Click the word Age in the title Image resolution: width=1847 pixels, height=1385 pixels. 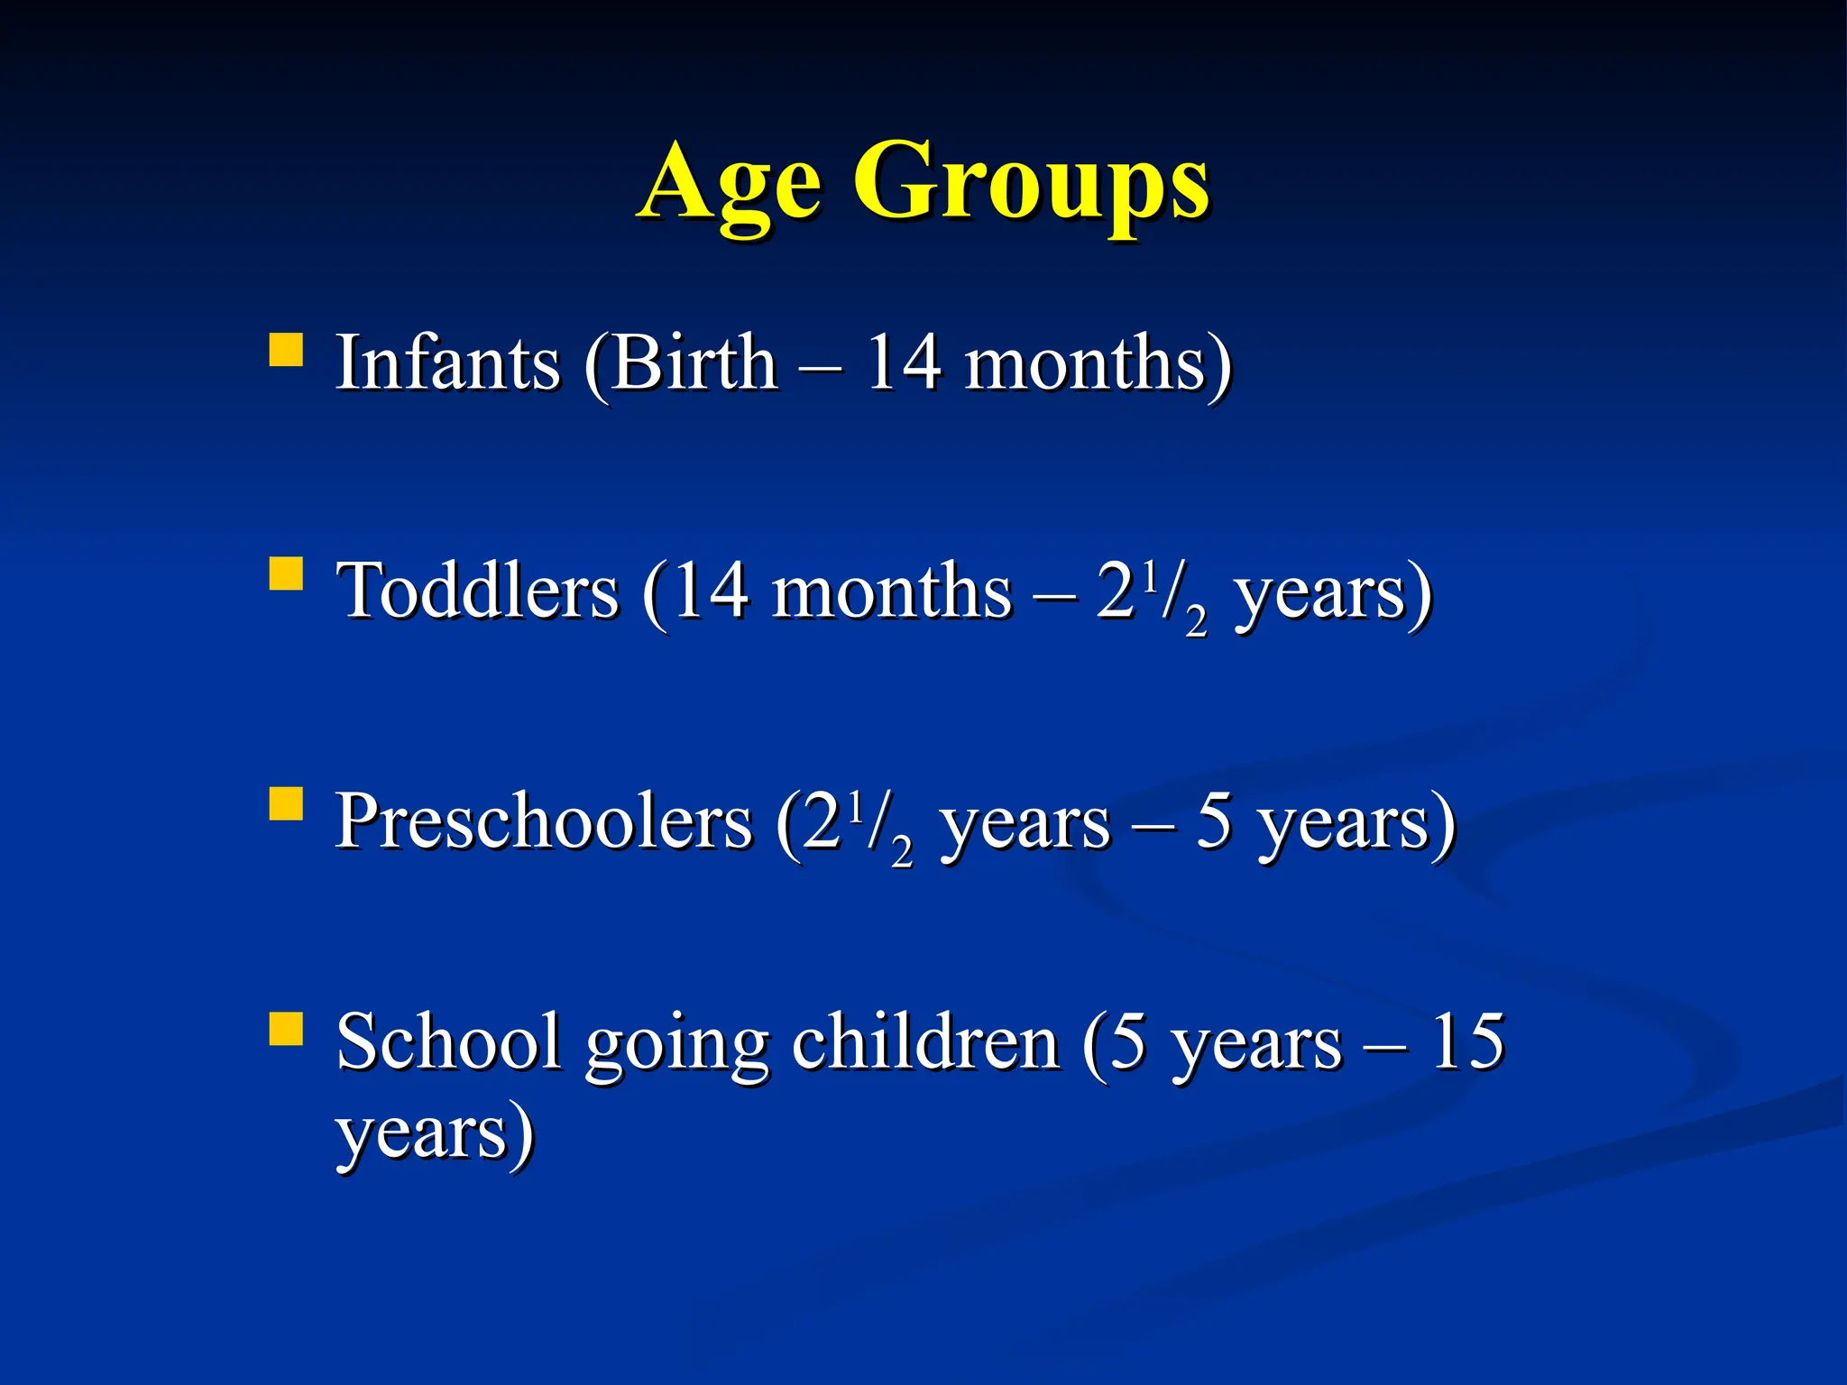(x=731, y=185)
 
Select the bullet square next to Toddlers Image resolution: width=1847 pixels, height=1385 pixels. (x=286, y=573)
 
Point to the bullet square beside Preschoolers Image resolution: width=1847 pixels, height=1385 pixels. (x=286, y=803)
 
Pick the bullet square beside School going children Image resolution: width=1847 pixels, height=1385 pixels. (x=286, y=1028)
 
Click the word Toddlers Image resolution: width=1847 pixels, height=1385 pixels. (x=478, y=592)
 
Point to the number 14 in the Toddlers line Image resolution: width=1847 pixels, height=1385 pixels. (x=710, y=592)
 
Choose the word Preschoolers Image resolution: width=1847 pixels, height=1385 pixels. (x=544, y=821)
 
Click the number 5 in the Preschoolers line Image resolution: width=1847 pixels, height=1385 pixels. (x=1214, y=821)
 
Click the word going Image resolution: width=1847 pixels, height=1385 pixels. (x=676, y=1046)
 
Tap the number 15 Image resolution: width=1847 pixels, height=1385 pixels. (x=1467, y=1042)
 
